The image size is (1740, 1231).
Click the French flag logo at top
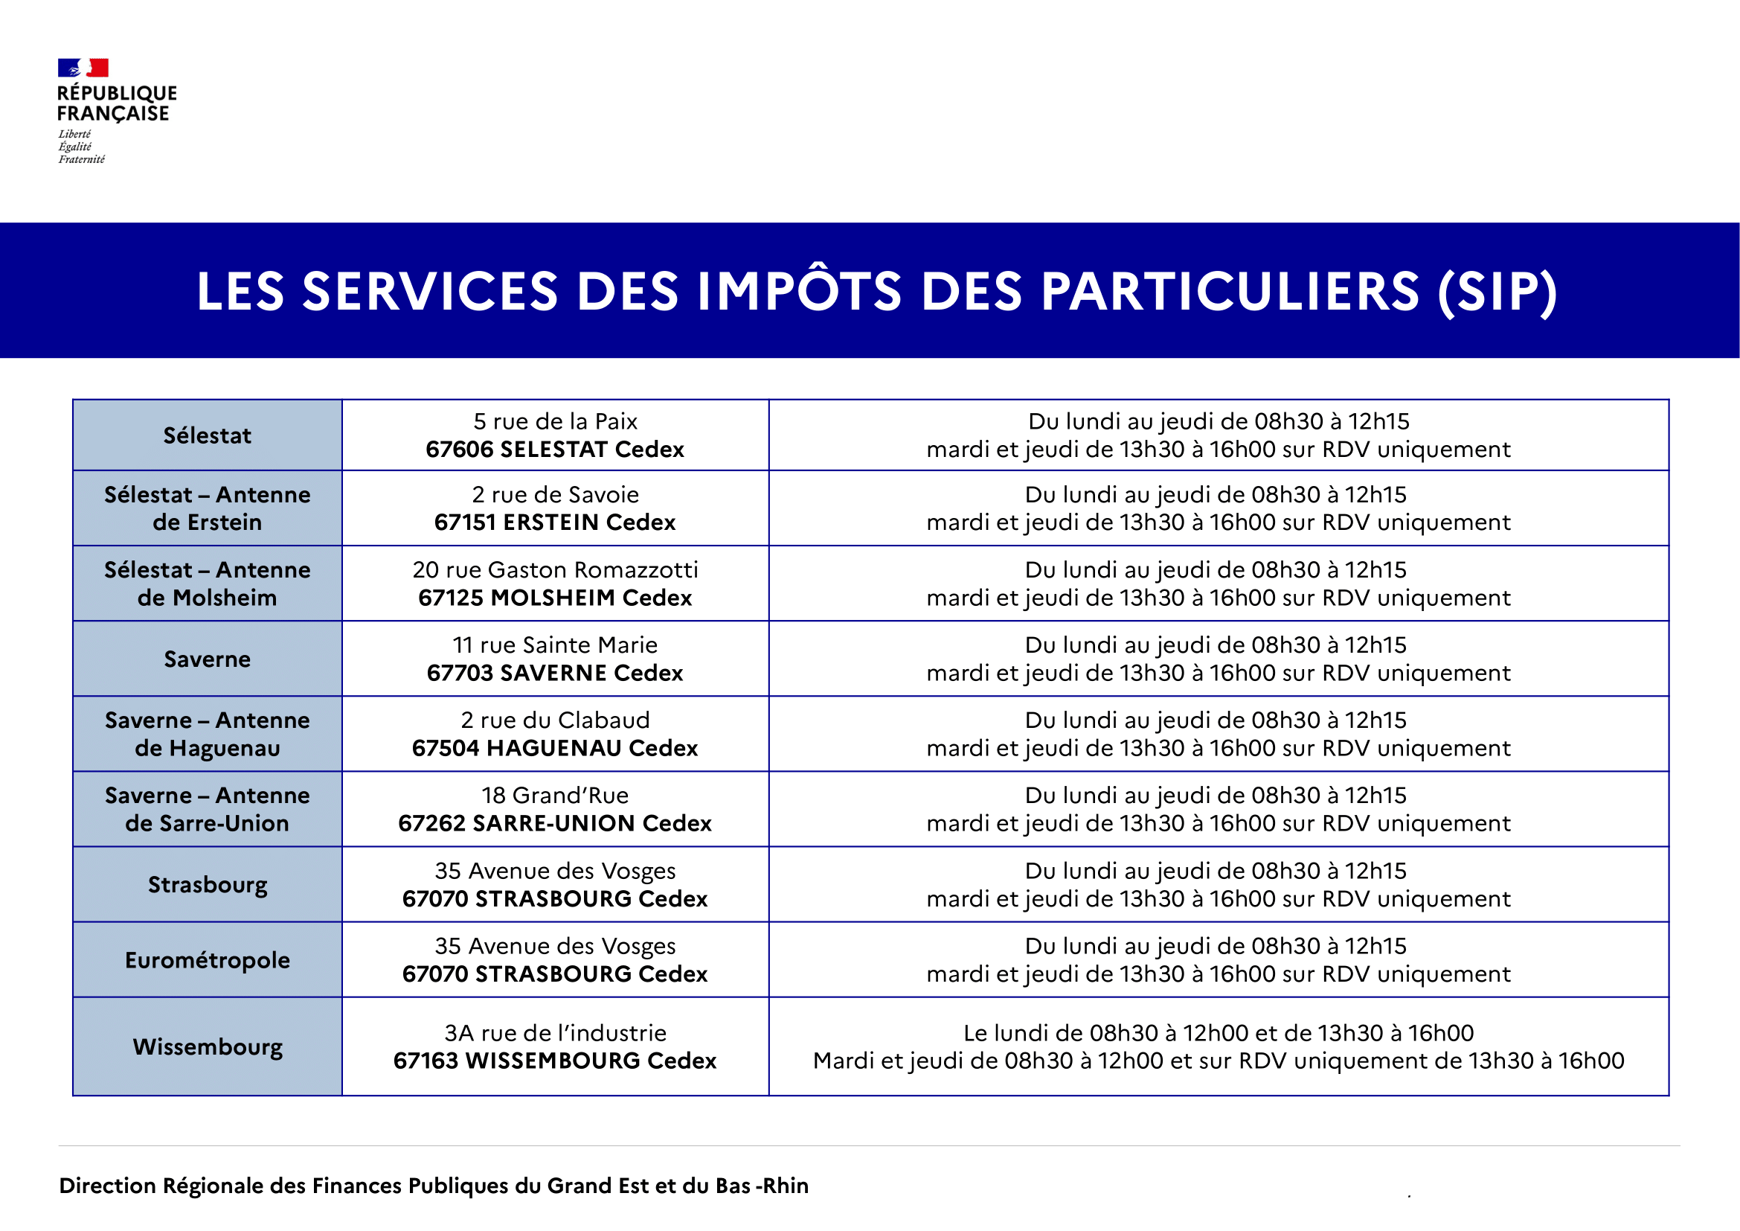point(83,68)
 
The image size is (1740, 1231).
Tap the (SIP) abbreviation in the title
point(1497,292)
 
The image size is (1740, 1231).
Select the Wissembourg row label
point(208,1047)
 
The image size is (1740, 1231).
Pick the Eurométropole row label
point(208,960)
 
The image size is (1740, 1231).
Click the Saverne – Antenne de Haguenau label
point(208,734)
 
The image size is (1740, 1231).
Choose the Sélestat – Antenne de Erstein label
point(208,508)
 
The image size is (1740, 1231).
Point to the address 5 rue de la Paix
point(556,421)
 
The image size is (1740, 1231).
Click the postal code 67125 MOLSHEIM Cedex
point(556,598)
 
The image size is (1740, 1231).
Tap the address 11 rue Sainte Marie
point(556,645)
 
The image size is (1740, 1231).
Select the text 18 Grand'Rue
point(556,795)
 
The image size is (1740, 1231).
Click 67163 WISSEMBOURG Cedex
point(556,1061)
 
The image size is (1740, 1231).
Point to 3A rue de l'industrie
point(556,1033)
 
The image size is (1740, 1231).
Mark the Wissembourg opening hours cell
point(1219,1047)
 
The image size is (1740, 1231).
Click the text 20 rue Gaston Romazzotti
point(556,570)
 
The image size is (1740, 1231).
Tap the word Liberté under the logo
point(74,134)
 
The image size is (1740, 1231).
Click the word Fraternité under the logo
point(82,159)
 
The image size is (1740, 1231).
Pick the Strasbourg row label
point(208,886)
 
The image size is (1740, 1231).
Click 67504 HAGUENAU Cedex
point(556,748)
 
